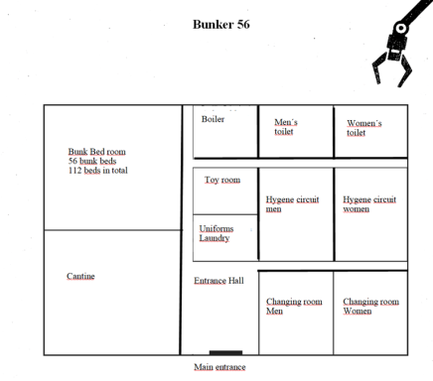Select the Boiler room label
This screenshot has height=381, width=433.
[x=213, y=119]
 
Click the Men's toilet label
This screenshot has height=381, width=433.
[x=286, y=127]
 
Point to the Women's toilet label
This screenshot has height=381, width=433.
[x=363, y=127]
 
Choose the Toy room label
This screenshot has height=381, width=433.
[x=222, y=180]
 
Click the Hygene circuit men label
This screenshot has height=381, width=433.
[x=292, y=203]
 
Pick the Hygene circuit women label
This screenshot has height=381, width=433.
[x=369, y=203]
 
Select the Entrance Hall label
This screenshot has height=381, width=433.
[x=218, y=281]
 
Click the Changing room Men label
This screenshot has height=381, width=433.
[x=293, y=306]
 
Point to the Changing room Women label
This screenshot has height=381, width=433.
[x=370, y=306]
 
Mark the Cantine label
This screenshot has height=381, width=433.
[x=80, y=276]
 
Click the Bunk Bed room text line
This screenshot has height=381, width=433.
[x=96, y=151]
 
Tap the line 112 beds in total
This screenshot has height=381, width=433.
[x=97, y=170]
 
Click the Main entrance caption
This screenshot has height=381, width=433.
[x=219, y=367]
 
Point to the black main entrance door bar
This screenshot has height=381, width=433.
[x=225, y=352]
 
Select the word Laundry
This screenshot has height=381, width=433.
[x=216, y=238]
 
